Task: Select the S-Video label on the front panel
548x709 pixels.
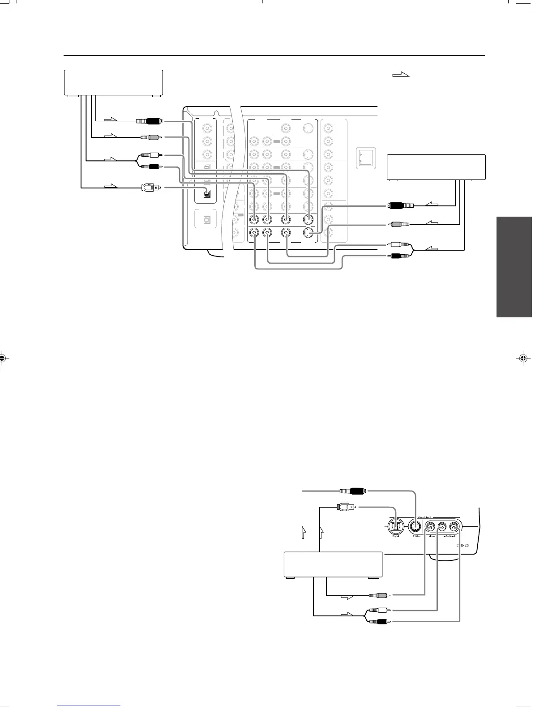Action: [416, 536]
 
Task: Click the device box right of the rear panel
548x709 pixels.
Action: [436, 167]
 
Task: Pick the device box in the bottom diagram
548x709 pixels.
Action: [333, 564]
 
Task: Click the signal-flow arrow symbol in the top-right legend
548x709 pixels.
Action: [401, 75]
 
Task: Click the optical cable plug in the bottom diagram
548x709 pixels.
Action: [346, 507]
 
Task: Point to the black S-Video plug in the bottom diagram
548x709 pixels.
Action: [354, 491]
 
